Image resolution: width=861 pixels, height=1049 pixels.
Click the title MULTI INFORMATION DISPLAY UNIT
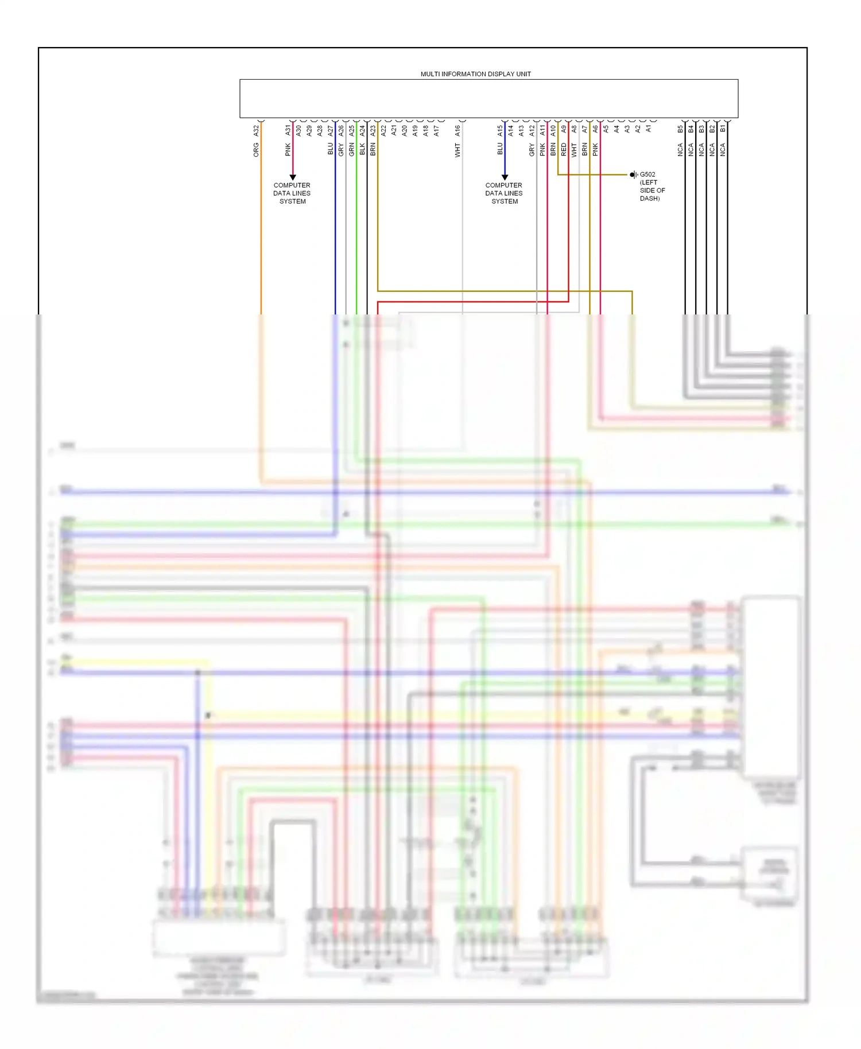point(475,74)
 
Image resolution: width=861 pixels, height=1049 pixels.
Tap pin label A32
point(256,131)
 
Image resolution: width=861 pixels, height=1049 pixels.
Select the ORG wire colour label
point(256,150)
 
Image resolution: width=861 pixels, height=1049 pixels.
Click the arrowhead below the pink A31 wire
point(293,177)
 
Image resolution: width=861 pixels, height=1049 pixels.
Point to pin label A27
point(330,131)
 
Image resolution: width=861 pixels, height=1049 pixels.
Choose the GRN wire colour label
point(351,150)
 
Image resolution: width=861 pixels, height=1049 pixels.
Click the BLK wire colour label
point(362,150)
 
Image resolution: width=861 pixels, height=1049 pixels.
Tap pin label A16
point(457,131)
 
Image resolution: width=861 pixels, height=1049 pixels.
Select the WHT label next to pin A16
point(457,150)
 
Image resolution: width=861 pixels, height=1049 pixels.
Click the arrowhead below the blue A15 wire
point(505,177)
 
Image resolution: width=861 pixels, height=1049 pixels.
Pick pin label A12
point(532,131)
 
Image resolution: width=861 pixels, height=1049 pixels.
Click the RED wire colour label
point(564,150)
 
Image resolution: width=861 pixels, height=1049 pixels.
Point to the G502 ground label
point(647,174)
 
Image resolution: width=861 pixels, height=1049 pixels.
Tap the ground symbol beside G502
point(633,174)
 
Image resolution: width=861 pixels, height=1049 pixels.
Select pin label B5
point(680,130)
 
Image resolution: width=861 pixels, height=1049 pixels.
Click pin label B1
point(723,130)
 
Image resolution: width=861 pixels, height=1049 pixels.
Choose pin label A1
point(649,130)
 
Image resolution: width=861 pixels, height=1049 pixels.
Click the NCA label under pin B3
point(701,150)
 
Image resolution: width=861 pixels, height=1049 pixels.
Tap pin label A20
point(404,131)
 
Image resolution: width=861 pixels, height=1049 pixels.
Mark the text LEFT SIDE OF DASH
point(652,191)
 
